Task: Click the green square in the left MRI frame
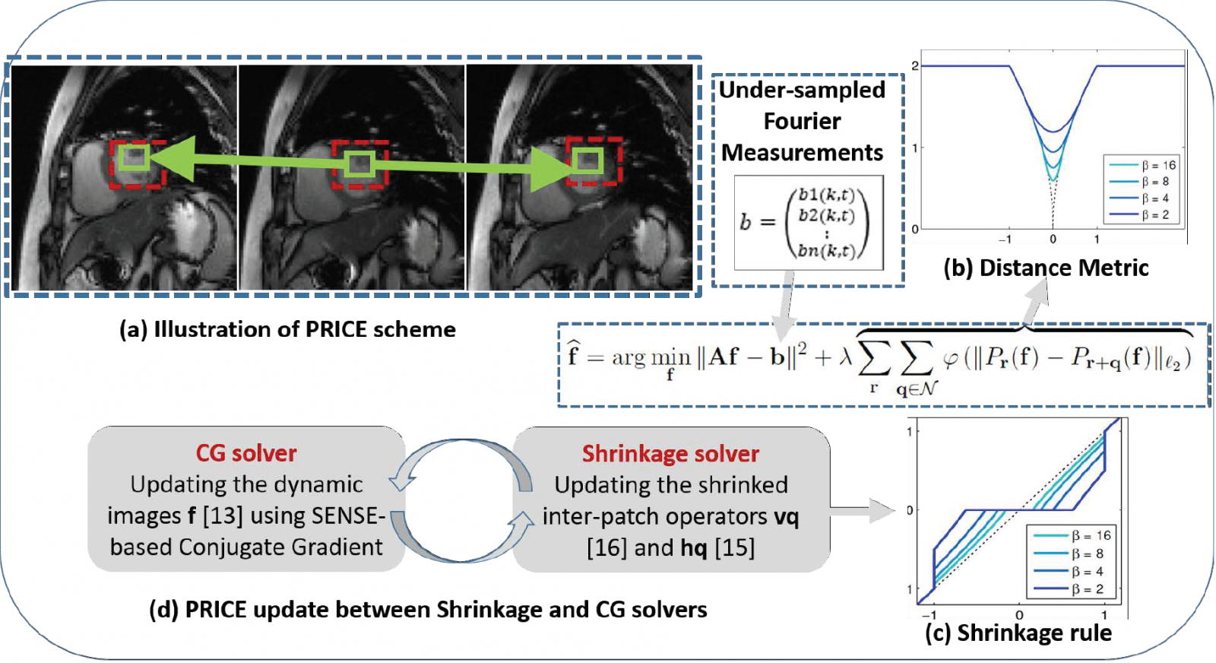(x=133, y=157)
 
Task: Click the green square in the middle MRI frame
(x=359, y=163)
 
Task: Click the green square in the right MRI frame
(x=587, y=160)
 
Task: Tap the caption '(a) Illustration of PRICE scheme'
(x=287, y=329)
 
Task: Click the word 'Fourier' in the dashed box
(x=802, y=121)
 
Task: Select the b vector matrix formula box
(x=809, y=222)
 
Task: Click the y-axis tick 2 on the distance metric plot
(x=915, y=66)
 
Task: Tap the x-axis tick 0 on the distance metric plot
(x=1053, y=239)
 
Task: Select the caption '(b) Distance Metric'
(x=1046, y=268)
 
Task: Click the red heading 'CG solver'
(x=246, y=453)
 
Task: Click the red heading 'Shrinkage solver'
(x=670, y=454)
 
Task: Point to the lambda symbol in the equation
(x=845, y=356)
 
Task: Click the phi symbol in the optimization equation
(x=950, y=357)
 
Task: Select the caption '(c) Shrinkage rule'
(x=1018, y=633)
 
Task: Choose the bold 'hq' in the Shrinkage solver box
(x=694, y=547)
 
